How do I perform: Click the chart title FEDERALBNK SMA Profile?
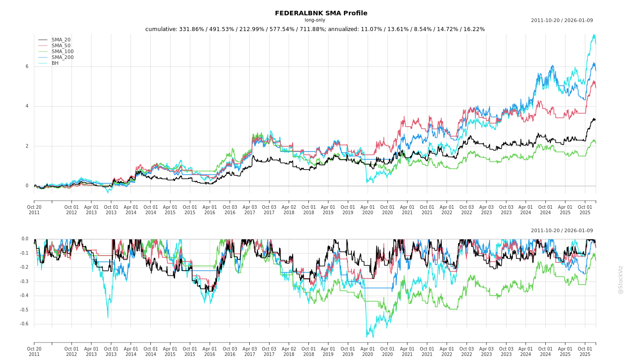click(x=321, y=13)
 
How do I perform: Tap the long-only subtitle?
click(x=315, y=20)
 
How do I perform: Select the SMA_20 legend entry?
click(x=61, y=40)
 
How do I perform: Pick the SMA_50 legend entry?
click(x=61, y=46)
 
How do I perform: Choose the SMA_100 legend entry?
click(x=63, y=52)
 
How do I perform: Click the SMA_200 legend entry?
click(x=63, y=58)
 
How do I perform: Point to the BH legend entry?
click(x=55, y=63)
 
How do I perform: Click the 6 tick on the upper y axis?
click(x=27, y=67)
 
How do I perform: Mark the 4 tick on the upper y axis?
click(x=27, y=106)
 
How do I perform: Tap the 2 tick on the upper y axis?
click(x=27, y=146)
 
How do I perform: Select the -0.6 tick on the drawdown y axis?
click(x=24, y=324)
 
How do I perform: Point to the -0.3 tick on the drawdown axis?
click(x=24, y=282)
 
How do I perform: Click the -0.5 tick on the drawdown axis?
click(x=24, y=310)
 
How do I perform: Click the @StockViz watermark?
click(x=621, y=279)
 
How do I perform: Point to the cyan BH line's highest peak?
click(x=594, y=35)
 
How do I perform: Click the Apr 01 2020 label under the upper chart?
click(x=368, y=209)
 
